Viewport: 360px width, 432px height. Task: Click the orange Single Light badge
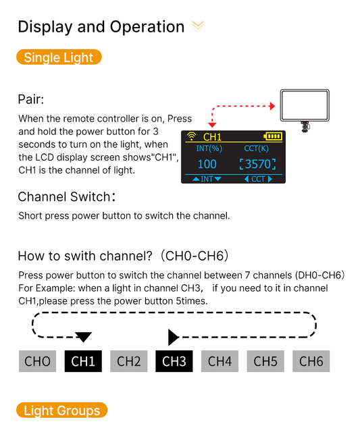(x=59, y=57)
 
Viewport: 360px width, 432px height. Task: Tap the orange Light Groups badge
(x=61, y=410)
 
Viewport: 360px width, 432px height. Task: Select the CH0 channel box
(x=38, y=361)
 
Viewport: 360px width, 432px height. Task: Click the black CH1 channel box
(x=83, y=361)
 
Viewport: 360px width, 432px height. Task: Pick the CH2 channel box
(x=129, y=361)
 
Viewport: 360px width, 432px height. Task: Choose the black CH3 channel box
(x=174, y=361)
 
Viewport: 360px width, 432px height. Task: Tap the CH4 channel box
(x=220, y=361)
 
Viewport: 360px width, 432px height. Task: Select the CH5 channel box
(x=265, y=361)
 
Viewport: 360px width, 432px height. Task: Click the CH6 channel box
(x=311, y=361)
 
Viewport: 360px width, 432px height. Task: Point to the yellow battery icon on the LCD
(x=273, y=136)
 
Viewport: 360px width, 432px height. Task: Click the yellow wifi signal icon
(x=191, y=136)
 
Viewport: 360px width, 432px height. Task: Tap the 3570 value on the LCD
(x=258, y=164)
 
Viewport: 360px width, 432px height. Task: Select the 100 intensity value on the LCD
(x=207, y=164)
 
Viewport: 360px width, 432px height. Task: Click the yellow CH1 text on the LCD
(x=212, y=137)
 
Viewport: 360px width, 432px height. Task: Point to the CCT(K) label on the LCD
(x=256, y=148)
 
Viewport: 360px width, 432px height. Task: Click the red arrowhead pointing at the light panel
(x=272, y=106)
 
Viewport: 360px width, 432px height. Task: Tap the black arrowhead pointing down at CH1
(x=83, y=337)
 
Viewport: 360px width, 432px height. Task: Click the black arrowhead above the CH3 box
(x=174, y=337)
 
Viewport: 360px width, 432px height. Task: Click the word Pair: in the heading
(x=31, y=99)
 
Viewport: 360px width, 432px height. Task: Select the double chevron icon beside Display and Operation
(x=198, y=26)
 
